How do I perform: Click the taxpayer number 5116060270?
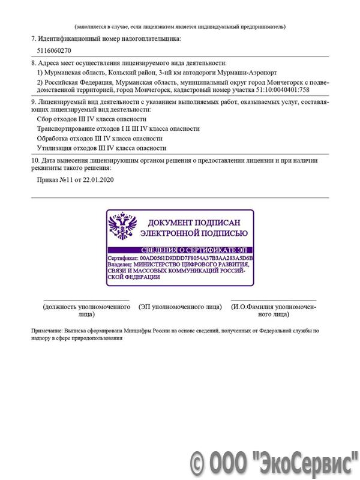click(54, 51)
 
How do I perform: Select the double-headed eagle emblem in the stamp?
click(122, 226)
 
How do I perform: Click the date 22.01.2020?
click(98, 179)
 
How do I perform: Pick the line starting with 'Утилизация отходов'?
click(101, 148)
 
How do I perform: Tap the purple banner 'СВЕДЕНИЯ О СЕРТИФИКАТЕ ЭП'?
click(180, 249)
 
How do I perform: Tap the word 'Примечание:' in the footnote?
click(46, 331)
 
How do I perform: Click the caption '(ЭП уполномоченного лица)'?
click(180, 307)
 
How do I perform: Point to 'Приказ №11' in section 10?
click(53, 179)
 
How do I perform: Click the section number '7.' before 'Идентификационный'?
click(34, 38)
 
